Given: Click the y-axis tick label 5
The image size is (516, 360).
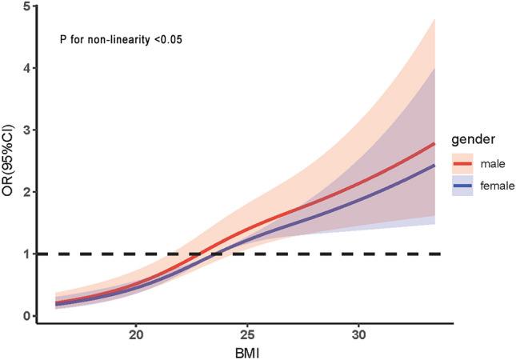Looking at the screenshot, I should (28, 6).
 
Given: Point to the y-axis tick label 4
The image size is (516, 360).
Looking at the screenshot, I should (28, 69).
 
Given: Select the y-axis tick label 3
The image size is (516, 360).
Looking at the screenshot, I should (28, 130).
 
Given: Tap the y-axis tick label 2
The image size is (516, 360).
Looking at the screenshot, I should (28, 192).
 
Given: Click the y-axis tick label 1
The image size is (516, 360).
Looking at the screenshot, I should (28, 254).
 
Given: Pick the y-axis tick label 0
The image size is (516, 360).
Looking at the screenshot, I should (28, 316).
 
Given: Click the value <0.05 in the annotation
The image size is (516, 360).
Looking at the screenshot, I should (168, 38).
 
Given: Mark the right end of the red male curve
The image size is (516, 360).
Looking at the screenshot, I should (434, 143).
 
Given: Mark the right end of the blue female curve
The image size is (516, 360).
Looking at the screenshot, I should (434, 165).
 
